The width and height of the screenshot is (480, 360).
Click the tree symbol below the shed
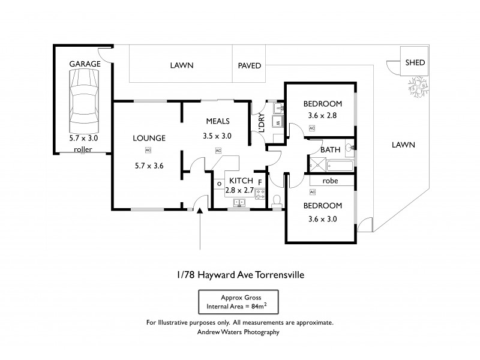[419, 85]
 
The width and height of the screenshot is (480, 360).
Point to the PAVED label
[250, 66]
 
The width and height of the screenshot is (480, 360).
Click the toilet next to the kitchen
[277, 202]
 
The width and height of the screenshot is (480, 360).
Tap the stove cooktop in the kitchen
[260, 194]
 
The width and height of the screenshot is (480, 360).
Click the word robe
[331, 180]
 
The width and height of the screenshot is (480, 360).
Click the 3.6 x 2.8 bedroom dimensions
[322, 115]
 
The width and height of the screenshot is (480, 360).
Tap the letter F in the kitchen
[259, 181]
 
